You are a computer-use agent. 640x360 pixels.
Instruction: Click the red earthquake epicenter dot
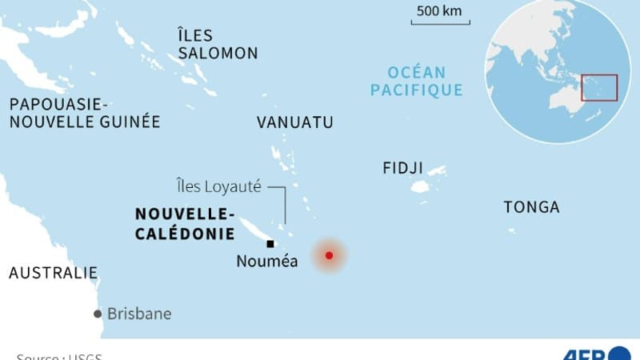[x=329, y=256]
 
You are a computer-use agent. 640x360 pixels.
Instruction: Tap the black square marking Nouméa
[x=270, y=244]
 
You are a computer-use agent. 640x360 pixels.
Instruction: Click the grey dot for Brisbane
[x=98, y=314]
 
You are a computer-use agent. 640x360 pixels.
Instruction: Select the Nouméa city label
[x=267, y=261]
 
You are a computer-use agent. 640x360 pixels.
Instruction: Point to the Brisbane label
[x=139, y=314]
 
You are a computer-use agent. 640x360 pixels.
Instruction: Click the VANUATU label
[x=295, y=122]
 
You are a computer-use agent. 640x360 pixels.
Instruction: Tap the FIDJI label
[x=403, y=168]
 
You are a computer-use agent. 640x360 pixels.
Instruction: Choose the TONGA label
[x=531, y=207]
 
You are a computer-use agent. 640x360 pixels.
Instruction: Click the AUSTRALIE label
[x=53, y=273]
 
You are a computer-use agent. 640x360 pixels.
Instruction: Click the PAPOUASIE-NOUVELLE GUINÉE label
[x=84, y=114]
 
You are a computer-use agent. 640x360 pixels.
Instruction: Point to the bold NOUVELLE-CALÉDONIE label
[x=185, y=223]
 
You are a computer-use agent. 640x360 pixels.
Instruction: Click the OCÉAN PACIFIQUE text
[x=416, y=81]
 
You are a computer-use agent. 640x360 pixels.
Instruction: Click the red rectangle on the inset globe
[x=599, y=87]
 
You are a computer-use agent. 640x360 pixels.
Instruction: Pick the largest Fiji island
[x=420, y=186]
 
